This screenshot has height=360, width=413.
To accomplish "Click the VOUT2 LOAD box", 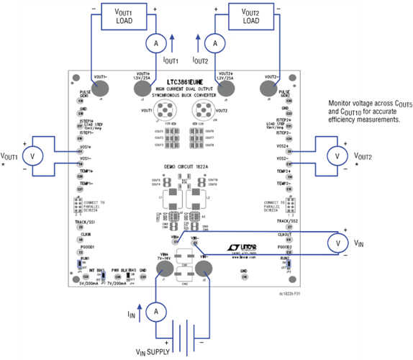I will point(250,17).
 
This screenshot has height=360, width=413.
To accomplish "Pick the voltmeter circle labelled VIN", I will point(339,244).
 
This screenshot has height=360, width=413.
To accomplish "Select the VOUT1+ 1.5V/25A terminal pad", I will point(141,88).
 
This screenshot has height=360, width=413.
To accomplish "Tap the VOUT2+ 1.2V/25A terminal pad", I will point(227,88).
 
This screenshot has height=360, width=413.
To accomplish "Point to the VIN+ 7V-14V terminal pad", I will point(165,269).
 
